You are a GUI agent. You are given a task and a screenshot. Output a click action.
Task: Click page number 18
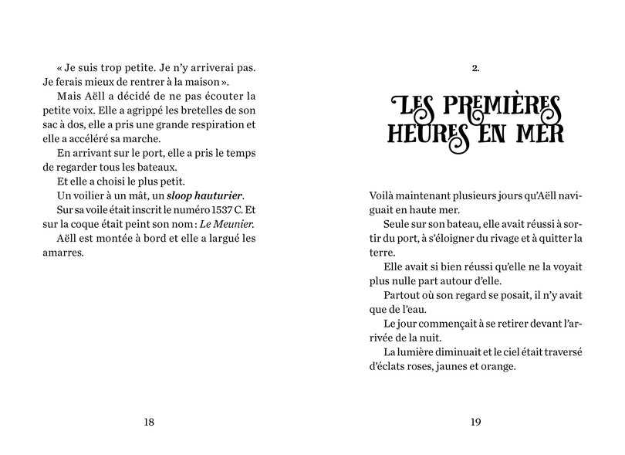pos(149,421)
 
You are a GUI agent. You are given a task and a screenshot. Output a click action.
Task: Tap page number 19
pos(475,421)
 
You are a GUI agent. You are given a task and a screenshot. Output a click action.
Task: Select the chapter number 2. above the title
pos(475,69)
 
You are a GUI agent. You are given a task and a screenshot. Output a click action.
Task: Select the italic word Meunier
pos(234,224)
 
